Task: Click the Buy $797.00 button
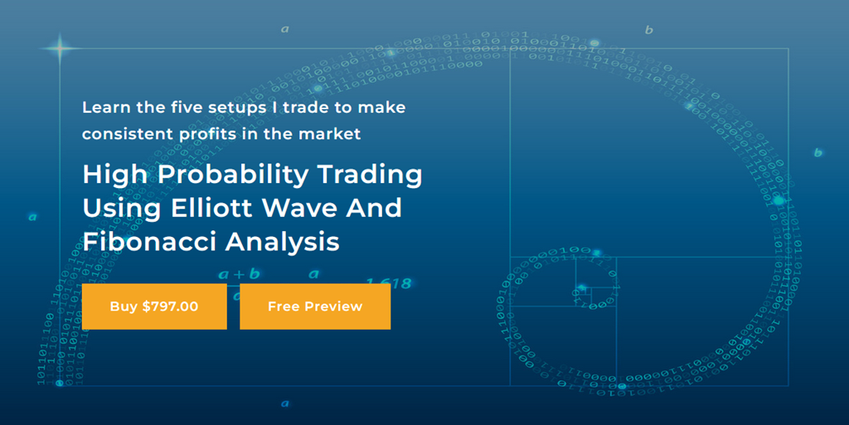[154, 307]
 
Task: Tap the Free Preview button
[315, 307]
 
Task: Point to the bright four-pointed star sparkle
[60, 48]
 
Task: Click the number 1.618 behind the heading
[389, 283]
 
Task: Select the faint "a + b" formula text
[239, 273]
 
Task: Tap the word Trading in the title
[376, 176]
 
